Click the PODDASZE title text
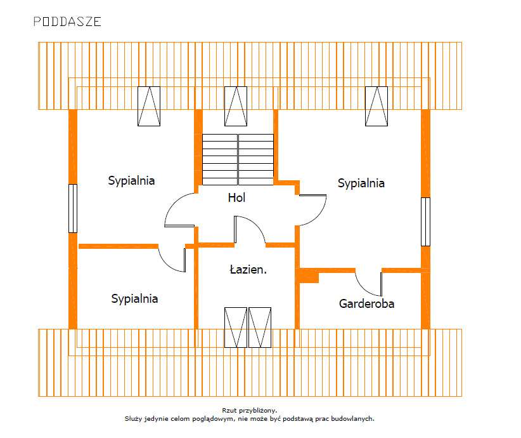[67, 22]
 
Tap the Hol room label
[236, 197]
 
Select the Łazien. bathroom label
[248, 269]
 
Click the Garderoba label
[366, 303]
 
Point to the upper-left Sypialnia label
[131, 180]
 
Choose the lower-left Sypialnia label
[134, 298]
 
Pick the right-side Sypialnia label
[361, 183]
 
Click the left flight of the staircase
[219, 159]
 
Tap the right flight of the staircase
[256, 159]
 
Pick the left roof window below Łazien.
[235, 328]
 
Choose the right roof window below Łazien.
[259, 328]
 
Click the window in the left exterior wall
[72, 208]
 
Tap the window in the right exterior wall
[425, 222]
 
